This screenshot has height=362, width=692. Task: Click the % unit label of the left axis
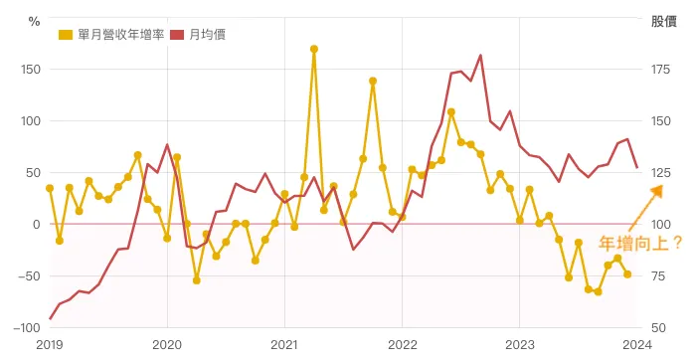(x=35, y=20)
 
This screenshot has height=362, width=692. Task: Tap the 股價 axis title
(x=663, y=20)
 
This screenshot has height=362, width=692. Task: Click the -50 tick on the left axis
(x=27, y=275)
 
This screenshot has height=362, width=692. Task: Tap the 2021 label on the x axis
(x=284, y=344)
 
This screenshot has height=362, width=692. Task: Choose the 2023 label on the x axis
(x=519, y=344)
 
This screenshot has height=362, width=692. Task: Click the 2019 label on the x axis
(x=50, y=344)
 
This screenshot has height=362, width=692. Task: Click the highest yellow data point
(x=314, y=49)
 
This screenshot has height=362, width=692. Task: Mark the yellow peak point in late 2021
(x=373, y=82)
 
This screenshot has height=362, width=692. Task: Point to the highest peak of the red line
(x=480, y=56)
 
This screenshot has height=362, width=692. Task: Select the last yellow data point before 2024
(x=627, y=274)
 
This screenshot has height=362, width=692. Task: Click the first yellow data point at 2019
(x=50, y=188)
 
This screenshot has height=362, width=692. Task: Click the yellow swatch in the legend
(x=66, y=35)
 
